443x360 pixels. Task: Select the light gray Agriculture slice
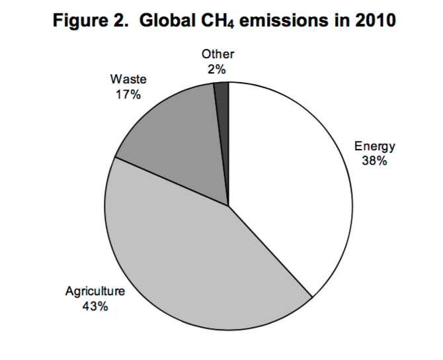(185, 265)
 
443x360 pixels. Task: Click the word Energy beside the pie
(374, 147)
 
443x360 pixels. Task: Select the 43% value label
(95, 307)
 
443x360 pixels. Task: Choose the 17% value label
(128, 95)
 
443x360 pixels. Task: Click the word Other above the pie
(218, 55)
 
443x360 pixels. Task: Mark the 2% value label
(218, 69)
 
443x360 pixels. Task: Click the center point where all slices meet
(229, 206)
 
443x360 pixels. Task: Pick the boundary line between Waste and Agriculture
(172, 181)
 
